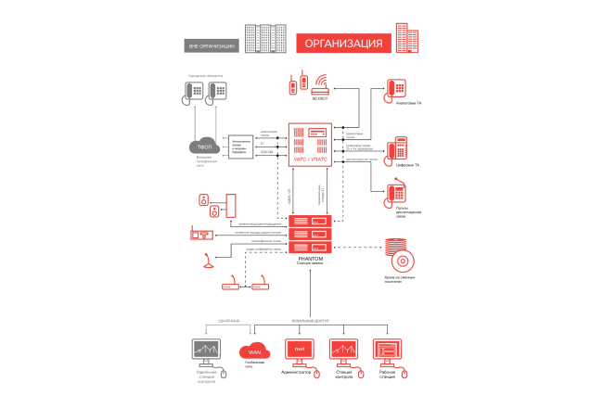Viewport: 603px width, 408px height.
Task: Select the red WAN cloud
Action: [x=253, y=351]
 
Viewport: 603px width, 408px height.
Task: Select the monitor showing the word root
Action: [x=299, y=351]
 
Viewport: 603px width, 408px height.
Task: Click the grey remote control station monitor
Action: [x=206, y=351]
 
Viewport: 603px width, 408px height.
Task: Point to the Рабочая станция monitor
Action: [x=387, y=351]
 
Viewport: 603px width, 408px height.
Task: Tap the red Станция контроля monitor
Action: [x=344, y=351]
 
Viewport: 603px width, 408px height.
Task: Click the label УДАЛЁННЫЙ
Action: [x=228, y=319]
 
